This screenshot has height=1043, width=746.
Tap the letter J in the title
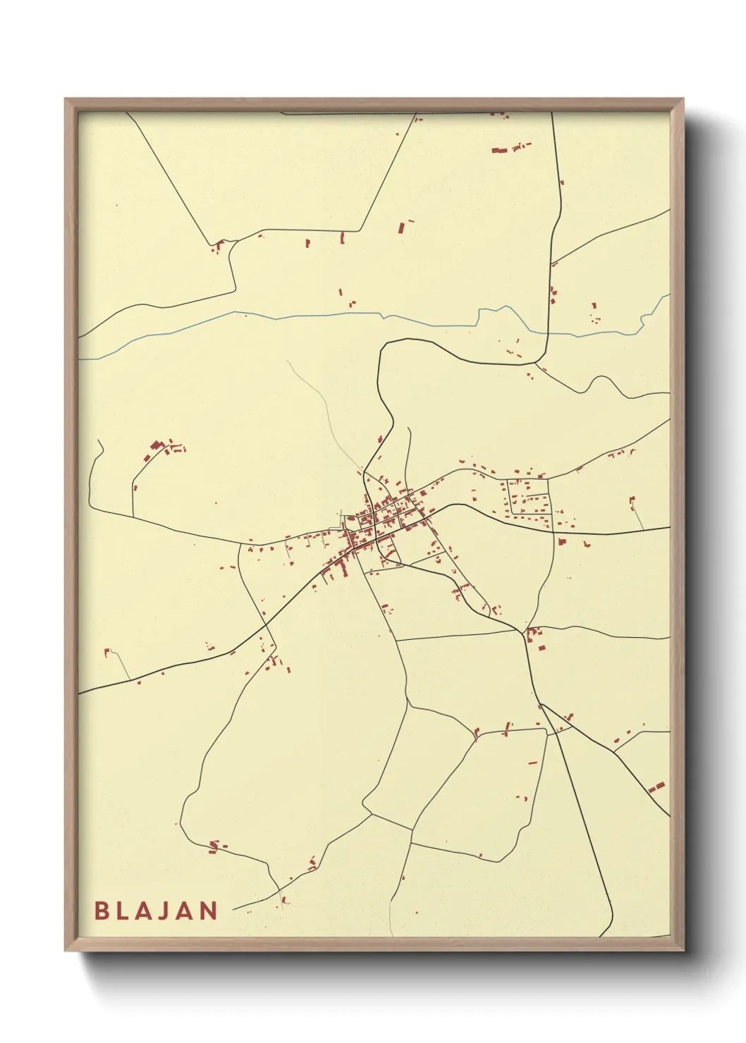[x=155, y=911]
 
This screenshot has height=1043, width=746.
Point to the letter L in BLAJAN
[x=120, y=911]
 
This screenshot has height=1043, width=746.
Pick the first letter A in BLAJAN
[x=137, y=911]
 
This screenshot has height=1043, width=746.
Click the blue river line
[x=282, y=316]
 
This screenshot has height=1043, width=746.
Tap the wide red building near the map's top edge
[x=499, y=150]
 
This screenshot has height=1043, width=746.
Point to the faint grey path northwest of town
[x=324, y=409]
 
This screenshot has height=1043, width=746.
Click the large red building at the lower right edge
[x=657, y=786]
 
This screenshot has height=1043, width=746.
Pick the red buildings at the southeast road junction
[x=536, y=638]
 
